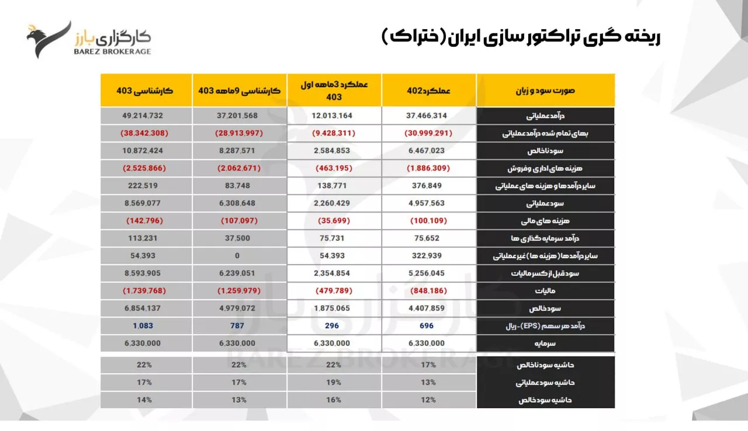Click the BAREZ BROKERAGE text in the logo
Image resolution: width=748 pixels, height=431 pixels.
(x=113, y=51)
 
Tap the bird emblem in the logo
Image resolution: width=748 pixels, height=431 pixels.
(x=49, y=40)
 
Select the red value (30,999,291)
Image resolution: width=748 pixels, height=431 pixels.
(x=428, y=133)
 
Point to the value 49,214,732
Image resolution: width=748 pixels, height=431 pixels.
(x=143, y=116)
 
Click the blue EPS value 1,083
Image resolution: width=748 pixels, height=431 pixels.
(x=143, y=325)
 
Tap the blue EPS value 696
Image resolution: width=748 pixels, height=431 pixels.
(x=427, y=325)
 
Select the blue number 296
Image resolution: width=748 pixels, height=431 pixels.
(x=332, y=325)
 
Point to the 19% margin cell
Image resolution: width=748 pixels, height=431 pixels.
(x=334, y=383)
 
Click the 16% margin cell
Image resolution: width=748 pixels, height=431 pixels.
(x=334, y=400)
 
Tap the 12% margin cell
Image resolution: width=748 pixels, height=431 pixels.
(x=428, y=400)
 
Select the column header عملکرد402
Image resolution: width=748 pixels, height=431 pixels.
(x=428, y=91)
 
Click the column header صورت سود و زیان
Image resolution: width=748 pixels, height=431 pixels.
(x=545, y=91)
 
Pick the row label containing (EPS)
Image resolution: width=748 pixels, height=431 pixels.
(x=545, y=326)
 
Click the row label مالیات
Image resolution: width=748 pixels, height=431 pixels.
(x=545, y=291)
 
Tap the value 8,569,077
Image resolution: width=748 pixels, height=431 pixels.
(x=143, y=203)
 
